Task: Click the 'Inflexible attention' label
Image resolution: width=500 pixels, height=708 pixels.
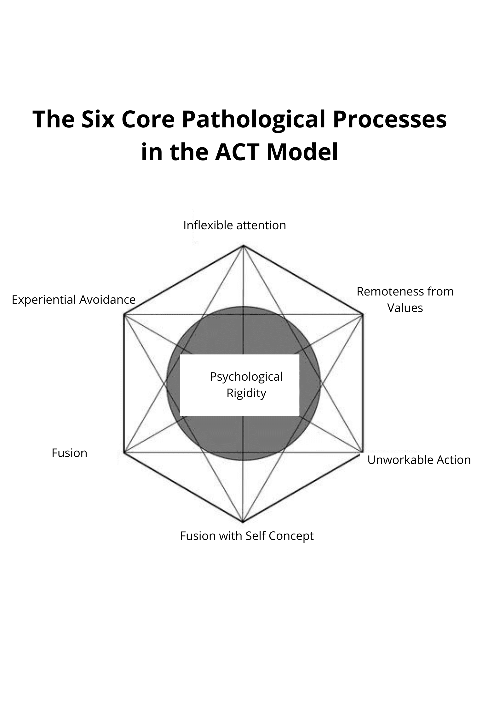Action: (x=234, y=225)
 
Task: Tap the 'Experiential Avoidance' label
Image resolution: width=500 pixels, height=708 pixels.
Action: (x=73, y=300)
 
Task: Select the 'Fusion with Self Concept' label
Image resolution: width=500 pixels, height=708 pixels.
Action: (x=247, y=536)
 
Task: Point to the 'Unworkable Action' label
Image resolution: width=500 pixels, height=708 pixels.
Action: (x=419, y=460)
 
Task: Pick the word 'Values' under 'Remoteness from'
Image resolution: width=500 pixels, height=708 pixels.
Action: (x=405, y=308)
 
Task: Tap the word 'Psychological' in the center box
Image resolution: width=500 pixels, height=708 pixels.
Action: (x=246, y=377)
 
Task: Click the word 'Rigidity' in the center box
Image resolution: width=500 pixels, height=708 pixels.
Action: (x=246, y=393)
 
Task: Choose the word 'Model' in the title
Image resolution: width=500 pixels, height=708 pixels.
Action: (x=302, y=152)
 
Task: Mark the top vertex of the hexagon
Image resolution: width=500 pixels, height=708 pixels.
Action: (x=243, y=245)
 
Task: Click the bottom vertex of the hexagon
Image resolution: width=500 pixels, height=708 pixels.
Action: (x=243, y=522)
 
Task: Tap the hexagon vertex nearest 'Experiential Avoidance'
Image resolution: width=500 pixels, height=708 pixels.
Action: (x=124, y=314)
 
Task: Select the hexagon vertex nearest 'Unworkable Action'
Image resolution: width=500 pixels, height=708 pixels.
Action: (x=362, y=452)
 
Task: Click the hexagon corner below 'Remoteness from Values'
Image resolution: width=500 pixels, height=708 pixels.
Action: (x=362, y=314)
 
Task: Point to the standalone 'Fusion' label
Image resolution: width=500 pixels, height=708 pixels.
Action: (x=69, y=453)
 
